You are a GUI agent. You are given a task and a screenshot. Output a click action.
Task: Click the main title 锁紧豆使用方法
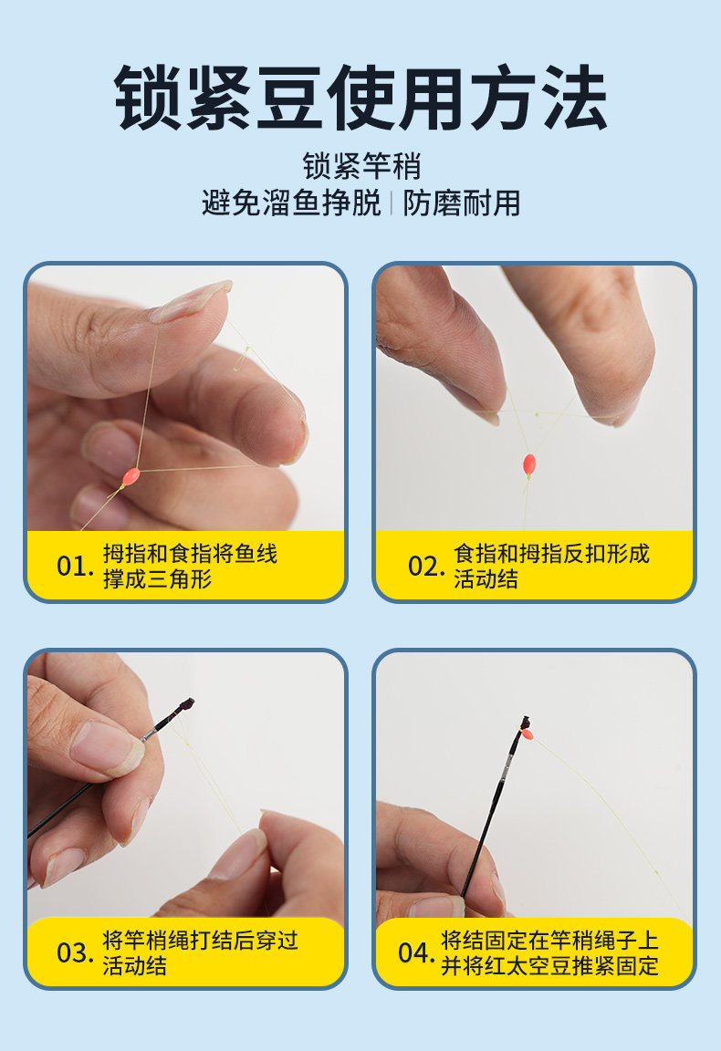tap(360, 98)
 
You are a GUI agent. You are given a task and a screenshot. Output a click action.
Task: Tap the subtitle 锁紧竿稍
tap(361, 166)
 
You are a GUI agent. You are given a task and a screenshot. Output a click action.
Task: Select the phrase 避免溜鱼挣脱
tap(291, 203)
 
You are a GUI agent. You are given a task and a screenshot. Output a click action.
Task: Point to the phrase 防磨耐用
tap(462, 203)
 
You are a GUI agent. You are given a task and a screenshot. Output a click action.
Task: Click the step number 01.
tap(75, 567)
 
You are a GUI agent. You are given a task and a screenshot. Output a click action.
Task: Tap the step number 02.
tap(426, 567)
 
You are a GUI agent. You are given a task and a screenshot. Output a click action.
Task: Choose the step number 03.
tap(75, 952)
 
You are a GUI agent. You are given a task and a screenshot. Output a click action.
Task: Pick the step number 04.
tap(416, 952)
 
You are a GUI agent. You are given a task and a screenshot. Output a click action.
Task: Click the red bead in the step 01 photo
tap(131, 476)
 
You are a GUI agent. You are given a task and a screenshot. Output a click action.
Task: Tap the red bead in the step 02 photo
tap(529, 463)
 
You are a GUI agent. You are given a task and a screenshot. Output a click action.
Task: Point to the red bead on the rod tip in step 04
tap(528, 734)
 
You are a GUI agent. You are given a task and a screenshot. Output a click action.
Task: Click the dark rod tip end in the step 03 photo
tap(187, 704)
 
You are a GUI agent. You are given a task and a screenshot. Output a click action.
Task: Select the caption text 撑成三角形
tap(157, 578)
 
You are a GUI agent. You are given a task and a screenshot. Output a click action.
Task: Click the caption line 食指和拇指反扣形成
tap(551, 554)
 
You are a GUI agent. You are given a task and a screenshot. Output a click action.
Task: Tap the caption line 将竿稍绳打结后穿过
tap(200, 940)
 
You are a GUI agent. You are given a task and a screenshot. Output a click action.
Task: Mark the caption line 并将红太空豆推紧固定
tap(549, 965)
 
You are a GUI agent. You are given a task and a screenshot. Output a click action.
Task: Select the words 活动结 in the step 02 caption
tap(486, 578)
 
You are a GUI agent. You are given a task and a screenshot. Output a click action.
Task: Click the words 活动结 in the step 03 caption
tap(134, 965)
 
